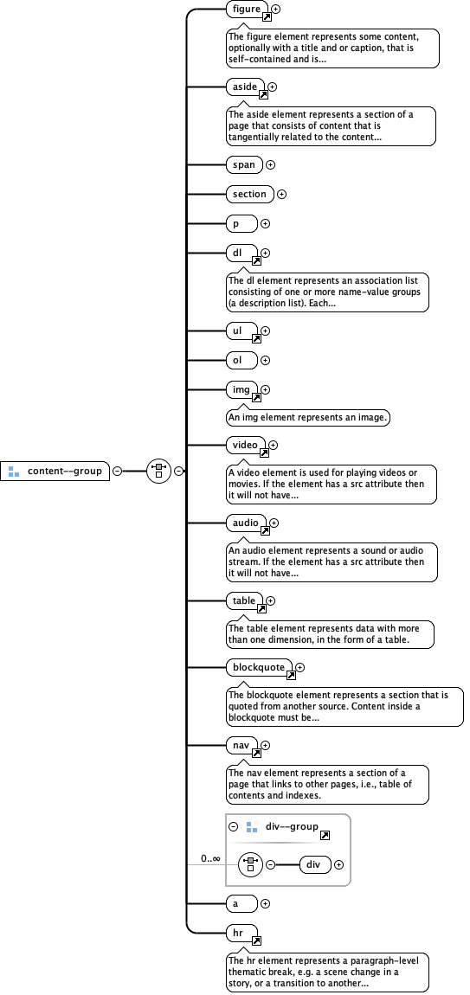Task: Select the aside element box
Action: pos(241,87)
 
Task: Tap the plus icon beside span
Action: pos(270,164)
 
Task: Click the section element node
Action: pos(249,194)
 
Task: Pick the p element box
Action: pos(241,223)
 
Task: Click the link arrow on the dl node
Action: pos(256,260)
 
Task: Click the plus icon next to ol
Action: pos(266,360)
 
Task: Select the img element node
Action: pos(241,389)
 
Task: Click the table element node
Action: pos(244,600)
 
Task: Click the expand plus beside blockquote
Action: pos(300,667)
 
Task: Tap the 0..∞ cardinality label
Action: pos(210,858)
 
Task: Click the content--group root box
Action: pos(55,471)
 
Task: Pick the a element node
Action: pos(241,903)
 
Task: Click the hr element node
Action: pos(241,934)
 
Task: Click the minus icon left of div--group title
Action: pos(234,827)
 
